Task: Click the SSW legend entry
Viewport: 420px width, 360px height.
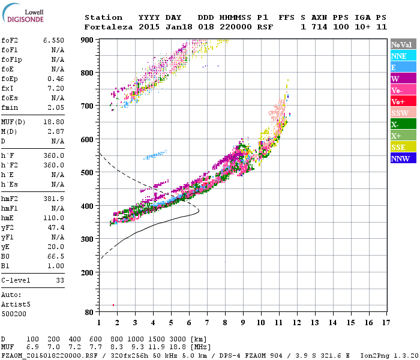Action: click(x=401, y=113)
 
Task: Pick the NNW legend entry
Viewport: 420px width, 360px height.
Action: click(x=401, y=158)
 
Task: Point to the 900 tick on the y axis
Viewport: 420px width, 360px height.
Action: click(x=88, y=40)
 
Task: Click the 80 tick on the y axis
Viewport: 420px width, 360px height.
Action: click(x=90, y=312)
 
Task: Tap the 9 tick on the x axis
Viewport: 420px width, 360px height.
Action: click(x=243, y=323)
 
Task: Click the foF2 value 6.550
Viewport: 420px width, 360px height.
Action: click(x=53, y=40)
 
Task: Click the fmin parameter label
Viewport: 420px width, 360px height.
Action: click(x=10, y=107)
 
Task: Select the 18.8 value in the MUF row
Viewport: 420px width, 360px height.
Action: click(x=180, y=347)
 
